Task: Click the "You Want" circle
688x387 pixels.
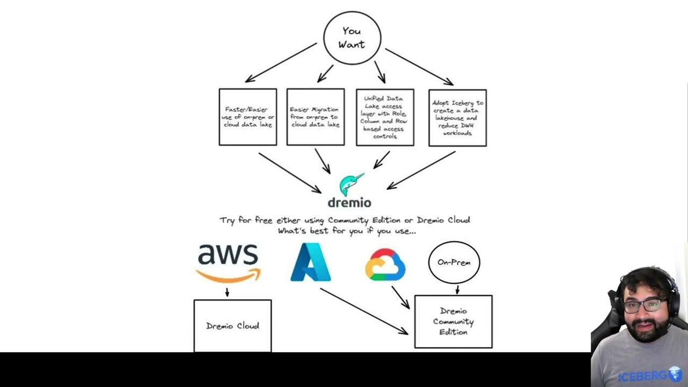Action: click(352, 38)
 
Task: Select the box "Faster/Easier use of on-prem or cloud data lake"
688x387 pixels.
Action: click(248, 117)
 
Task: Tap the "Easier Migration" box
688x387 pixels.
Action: click(316, 117)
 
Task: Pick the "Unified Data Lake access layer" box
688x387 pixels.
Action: click(385, 117)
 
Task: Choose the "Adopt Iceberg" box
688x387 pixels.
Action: click(457, 118)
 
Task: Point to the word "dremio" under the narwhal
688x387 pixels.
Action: click(349, 203)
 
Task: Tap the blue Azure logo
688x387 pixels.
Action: click(311, 262)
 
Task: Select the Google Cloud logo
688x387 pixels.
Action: click(385, 264)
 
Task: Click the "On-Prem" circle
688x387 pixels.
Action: click(454, 262)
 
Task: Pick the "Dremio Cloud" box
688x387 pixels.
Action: click(233, 326)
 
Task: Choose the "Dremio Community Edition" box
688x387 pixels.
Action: click(453, 321)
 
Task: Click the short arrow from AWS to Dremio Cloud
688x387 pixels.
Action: click(227, 292)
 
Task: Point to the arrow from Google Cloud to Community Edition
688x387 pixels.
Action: click(400, 297)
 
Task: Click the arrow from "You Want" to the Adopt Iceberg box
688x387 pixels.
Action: click(419, 67)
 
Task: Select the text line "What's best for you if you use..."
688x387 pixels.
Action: click(347, 231)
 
